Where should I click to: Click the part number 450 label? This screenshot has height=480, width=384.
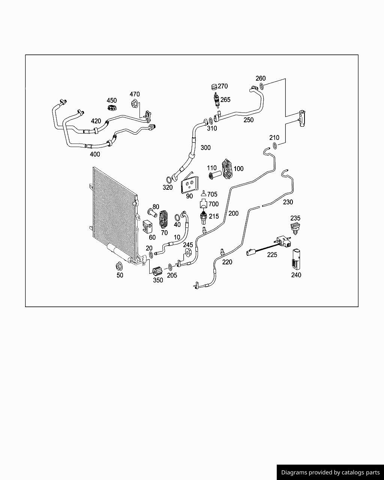tap(112, 100)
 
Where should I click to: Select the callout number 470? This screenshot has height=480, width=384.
tap(135, 94)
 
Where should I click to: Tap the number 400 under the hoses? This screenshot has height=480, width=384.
tap(95, 154)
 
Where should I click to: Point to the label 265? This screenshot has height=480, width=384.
tap(225, 100)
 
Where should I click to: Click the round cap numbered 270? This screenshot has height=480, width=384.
tap(214, 87)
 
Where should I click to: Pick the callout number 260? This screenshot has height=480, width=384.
tap(261, 78)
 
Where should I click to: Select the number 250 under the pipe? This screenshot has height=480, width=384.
tap(249, 120)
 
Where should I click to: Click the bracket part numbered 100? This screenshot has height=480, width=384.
tap(227, 169)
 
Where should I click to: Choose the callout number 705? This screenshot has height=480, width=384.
tap(212, 194)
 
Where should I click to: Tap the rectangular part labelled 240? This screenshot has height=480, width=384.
tap(296, 259)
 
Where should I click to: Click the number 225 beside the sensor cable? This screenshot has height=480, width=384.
tap(272, 255)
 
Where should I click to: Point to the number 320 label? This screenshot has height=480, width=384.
tap(168, 187)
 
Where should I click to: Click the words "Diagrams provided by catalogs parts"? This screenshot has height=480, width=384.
tap(330, 472)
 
